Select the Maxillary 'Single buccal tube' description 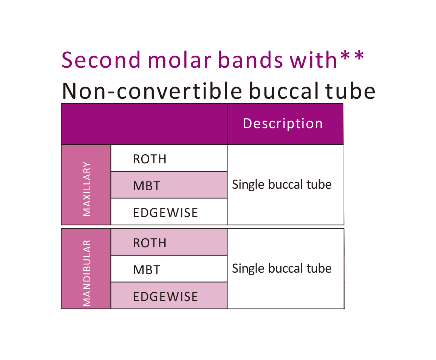click(282, 185)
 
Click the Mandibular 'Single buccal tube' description click(282, 269)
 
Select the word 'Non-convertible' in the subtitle click(152, 91)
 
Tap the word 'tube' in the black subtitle click(350, 91)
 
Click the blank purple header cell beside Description click(144, 124)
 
